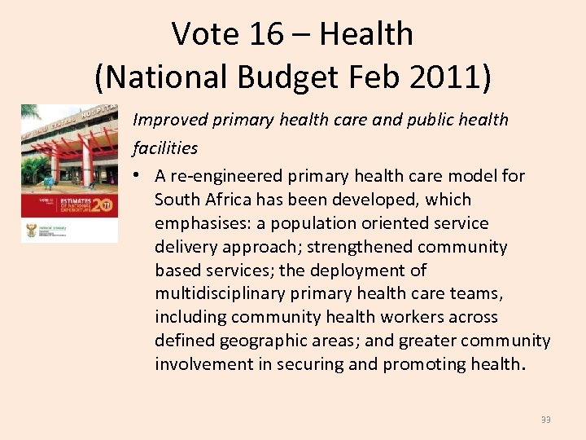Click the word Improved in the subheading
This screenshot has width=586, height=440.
tap(168, 120)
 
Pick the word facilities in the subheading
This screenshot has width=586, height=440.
tap(165, 147)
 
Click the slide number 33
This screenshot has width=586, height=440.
tap(545, 420)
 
